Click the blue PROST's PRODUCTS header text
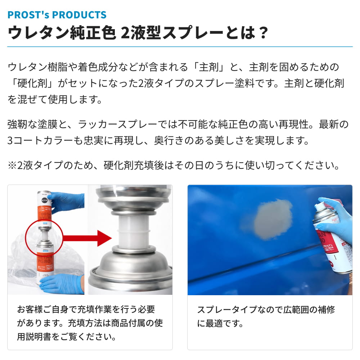pos(57,15)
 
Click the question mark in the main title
pos(262,33)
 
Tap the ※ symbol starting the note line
pos(12,165)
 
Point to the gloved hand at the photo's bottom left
pos(62,284)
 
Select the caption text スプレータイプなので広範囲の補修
pos(266,310)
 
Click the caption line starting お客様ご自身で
pos(86,310)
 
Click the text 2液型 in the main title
pos(140,33)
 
